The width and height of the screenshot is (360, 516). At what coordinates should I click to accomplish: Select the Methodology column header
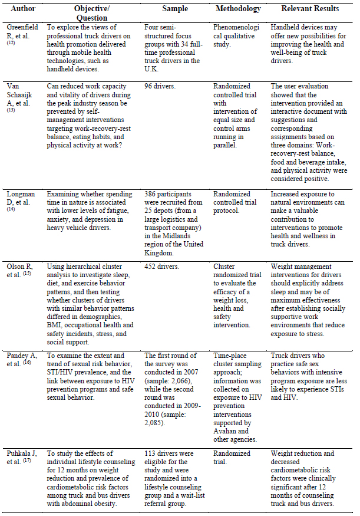[238, 9]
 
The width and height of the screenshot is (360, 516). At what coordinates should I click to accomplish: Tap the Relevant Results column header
[310, 9]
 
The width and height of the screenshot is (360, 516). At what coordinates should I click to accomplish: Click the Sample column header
[175, 9]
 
